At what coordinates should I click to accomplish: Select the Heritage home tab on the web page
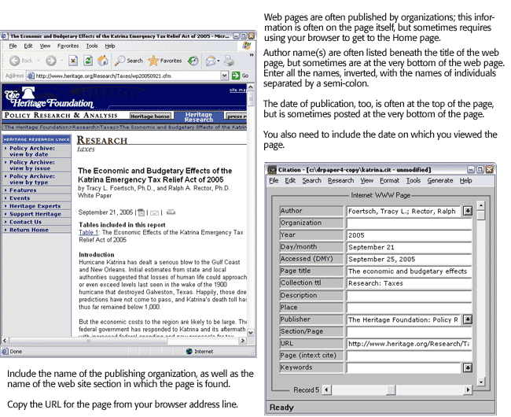point(150,116)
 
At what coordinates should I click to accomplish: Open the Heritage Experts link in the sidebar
point(35,206)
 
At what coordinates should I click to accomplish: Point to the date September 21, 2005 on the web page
point(105,212)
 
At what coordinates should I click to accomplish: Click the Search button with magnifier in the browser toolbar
point(129,61)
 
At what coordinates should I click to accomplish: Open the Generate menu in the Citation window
point(440,180)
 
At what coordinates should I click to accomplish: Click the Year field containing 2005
point(409,235)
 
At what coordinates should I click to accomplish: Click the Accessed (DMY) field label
point(311,259)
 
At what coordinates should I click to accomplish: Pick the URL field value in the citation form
point(409,344)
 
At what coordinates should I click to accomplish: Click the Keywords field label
point(311,367)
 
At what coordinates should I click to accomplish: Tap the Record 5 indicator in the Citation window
point(306,389)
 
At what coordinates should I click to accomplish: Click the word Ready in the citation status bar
point(281,408)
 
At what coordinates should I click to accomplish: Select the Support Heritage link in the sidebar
point(35,214)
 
